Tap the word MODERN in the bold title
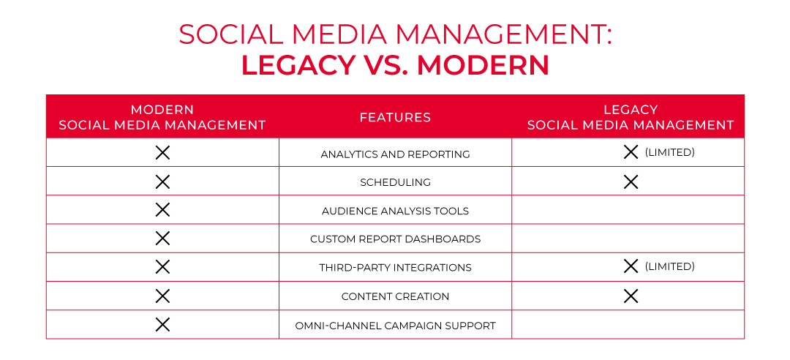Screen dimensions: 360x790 (484, 65)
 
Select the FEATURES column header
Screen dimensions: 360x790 (395, 117)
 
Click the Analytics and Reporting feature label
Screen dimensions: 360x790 (395, 154)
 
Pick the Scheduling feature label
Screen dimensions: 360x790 (395, 182)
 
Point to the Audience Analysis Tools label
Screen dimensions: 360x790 (395, 211)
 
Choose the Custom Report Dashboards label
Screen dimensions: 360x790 (395, 239)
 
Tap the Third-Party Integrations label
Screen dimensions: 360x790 (395, 268)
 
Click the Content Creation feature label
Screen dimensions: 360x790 (395, 296)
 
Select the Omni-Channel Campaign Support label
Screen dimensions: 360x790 (395, 326)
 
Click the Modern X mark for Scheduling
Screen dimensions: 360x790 (162, 181)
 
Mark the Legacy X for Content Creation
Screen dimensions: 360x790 (631, 296)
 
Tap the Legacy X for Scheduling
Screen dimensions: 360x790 (631, 181)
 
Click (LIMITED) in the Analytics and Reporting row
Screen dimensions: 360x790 (669, 153)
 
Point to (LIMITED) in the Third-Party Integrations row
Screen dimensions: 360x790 (669, 266)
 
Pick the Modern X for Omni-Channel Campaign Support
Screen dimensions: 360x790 (162, 325)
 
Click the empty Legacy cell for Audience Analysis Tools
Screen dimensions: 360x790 (628, 210)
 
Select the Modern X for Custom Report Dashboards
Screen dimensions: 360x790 (162, 239)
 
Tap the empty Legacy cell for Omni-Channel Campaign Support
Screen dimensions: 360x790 (628, 325)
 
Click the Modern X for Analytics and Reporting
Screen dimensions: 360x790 (162, 153)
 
